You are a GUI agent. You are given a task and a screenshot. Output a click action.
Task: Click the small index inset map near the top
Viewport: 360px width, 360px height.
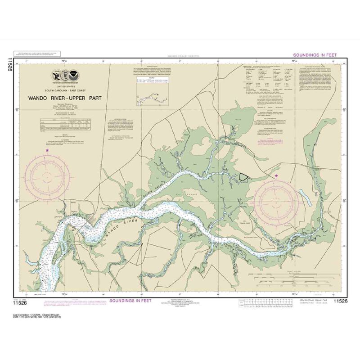pyautogui.click(x=148, y=94)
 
